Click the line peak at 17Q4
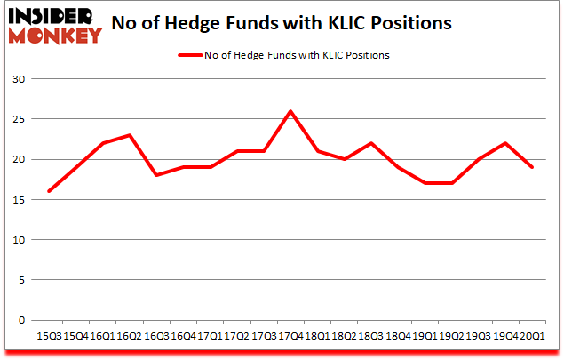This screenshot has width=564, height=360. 290,111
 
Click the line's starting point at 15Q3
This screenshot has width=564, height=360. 49,191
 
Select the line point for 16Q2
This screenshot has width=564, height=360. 130,135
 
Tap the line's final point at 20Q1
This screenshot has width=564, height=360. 531,167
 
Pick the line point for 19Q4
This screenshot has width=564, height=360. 504,143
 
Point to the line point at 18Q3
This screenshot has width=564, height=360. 370,143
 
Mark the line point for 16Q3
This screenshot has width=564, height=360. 156,175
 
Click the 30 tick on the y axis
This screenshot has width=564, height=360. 19,79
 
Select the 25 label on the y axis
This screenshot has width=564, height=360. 19,119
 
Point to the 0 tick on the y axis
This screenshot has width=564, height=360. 21,320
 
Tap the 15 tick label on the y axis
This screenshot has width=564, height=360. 19,200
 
